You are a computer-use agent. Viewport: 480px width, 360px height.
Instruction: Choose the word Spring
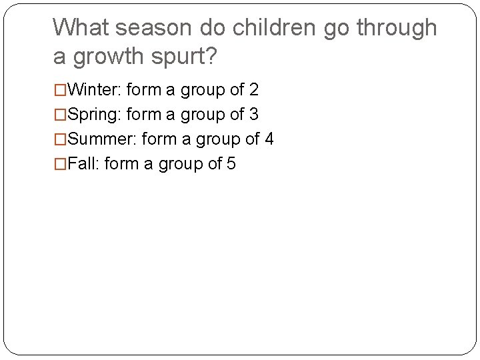pyautogui.click(x=93, y=115)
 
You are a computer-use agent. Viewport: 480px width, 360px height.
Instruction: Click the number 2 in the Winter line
pyautogui.click(x=253, y=89)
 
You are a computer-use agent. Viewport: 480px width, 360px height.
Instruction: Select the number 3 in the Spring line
pyautogui.click(x=253, y=115)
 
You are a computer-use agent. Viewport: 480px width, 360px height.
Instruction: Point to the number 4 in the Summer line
pyautogui.click(x=269, y=139)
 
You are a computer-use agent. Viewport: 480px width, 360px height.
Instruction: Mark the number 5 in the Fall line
pyautogui.click(x=231, y=164)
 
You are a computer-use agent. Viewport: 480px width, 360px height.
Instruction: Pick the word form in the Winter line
pyautogui.click(x=140, y=89)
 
